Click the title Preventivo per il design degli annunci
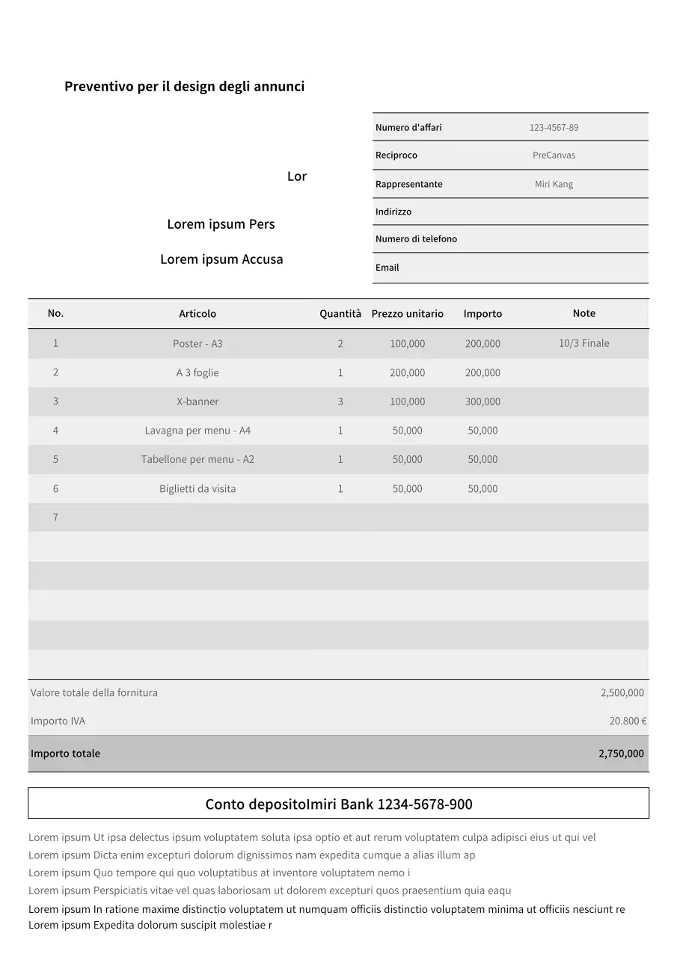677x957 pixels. (184, 87)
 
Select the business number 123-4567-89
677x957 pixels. (554, 128)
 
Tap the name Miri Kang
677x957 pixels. (554, 185)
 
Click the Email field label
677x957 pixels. (387, 268)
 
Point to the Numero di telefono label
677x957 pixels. (416, 239)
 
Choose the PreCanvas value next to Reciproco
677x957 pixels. (554, 156)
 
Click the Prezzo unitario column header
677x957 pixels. (407, 314)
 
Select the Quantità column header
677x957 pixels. (340, 314)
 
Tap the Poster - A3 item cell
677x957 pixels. (197, 344)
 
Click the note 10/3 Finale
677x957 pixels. (583, 343)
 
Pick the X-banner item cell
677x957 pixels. (197, 401)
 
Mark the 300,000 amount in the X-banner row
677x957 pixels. (483, 401)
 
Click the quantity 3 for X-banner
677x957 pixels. (340, 401)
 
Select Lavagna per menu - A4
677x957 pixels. (197, 431)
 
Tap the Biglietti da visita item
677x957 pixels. (197, 489)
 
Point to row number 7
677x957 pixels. (55, 517)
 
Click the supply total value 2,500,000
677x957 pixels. (622, 693)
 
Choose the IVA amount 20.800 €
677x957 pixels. (628, 721)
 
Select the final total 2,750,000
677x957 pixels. (621, 754)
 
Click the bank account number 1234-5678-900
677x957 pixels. (425, 804)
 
